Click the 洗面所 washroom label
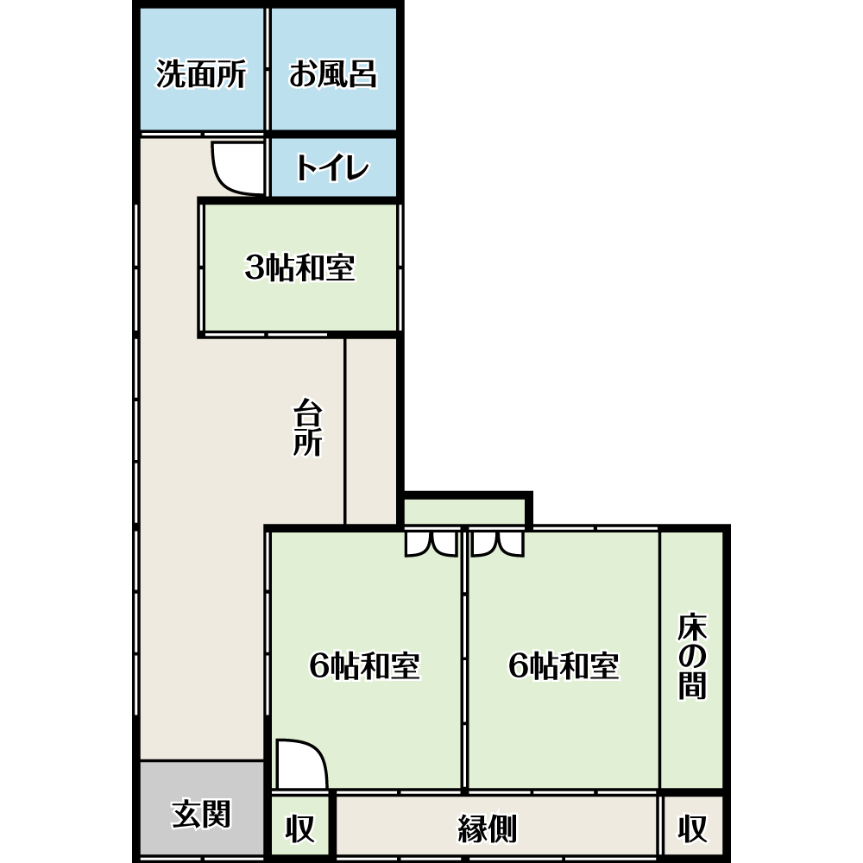(x=201, y=73)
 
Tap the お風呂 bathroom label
(x=333, y=73)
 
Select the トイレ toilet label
(x=332, y=167)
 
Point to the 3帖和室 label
(x=300, y=268)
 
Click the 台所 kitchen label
(x=307, y=428)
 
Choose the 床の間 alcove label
(x=692, y=656)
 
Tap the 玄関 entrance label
(x=201, y=814)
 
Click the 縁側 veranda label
(x=488, y=828)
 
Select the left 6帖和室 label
(x=365, y=665)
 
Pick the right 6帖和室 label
(x=564, y=665)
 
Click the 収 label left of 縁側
(x=300, y=828)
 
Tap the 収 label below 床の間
(x=692, y=828)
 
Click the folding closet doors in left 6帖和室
(x=431, y=544)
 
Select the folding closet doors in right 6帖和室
(x=498, y=544)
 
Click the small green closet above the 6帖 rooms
(x=464, y=512)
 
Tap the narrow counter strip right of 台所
(x=371, y=431)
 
